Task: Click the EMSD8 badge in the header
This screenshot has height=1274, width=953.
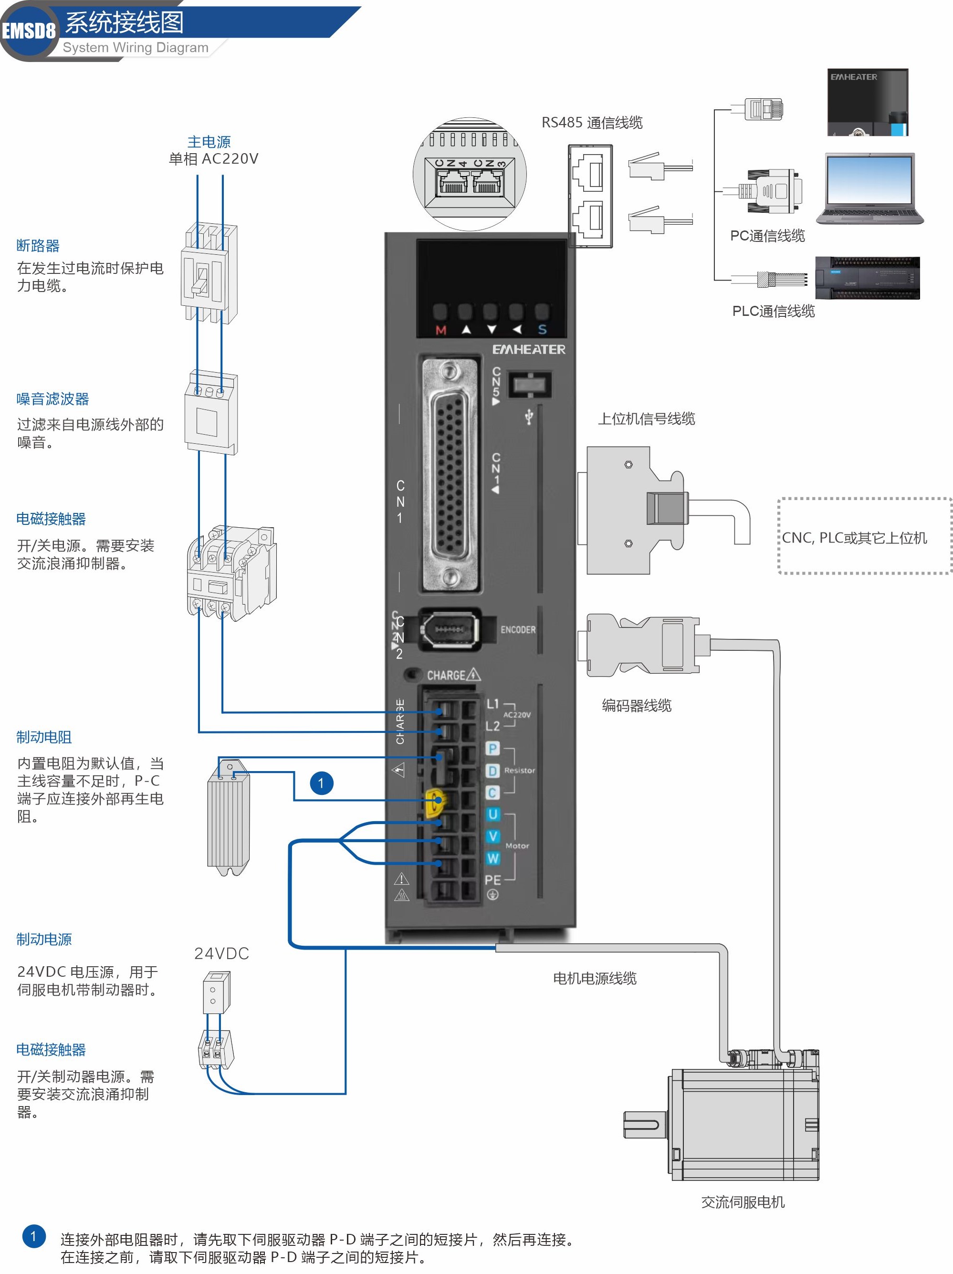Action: [x=29, y=30]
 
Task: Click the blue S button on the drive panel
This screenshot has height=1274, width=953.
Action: [x=542, y=329]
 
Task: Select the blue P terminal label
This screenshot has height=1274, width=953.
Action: [x=492, y=748]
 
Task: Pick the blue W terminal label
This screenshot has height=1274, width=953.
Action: [x=492, y=858]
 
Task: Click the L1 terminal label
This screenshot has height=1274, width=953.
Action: [x=492, y=704]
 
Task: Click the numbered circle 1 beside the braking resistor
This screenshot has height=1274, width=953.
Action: [x=322, y=783]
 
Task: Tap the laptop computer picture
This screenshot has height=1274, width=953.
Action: [x=869, y=189]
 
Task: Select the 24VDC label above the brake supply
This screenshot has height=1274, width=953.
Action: [x=221, y=954]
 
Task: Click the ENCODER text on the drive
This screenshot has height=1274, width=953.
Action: [x=517, y=629]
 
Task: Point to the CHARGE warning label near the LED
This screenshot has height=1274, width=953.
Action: [x=453, y=674]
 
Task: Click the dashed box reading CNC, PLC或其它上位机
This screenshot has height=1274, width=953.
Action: [x=864, y=536]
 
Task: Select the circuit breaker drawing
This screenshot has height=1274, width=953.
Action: [x=209, y=273]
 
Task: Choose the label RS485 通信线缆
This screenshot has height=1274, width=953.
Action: [x=592, y=123]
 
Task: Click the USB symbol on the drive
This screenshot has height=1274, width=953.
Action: [x=529, y=416]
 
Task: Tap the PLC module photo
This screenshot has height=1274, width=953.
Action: [x=867, y=278]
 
